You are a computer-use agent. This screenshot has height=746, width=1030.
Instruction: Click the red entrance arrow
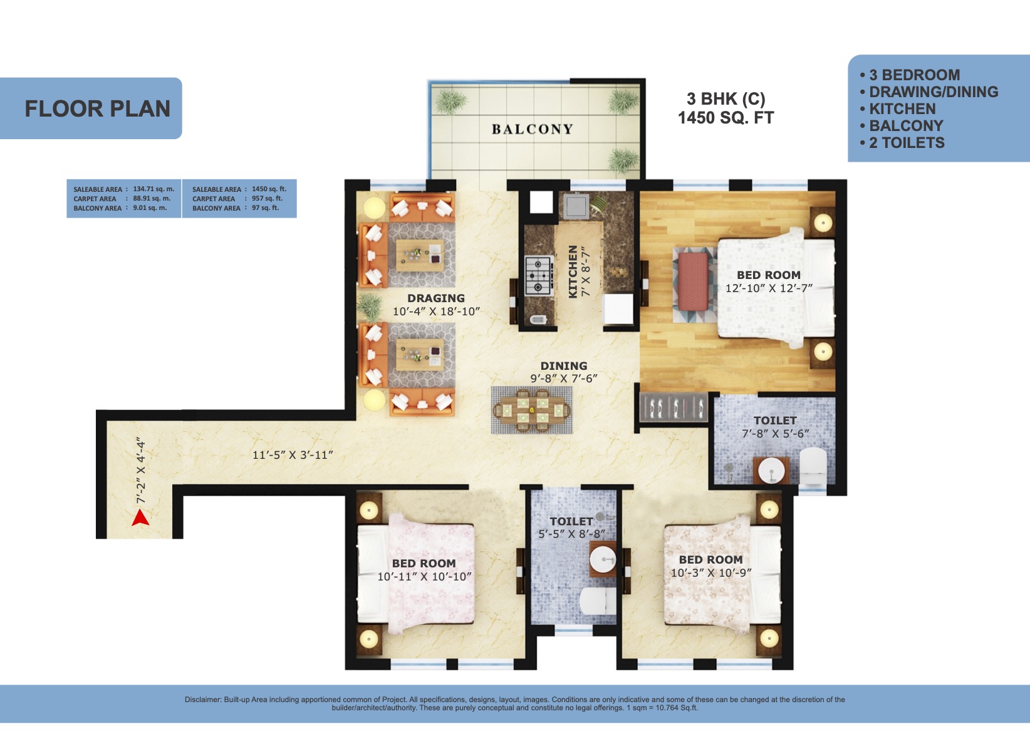[x=141, y=518]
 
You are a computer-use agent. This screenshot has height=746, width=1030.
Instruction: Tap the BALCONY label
[x=533, y=129]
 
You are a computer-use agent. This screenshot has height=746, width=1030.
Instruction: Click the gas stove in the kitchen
[x=538, y=275]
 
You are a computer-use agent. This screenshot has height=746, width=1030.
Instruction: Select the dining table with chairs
[x=531, y=409]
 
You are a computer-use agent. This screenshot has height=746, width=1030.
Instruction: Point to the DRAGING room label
[x=436, y=298]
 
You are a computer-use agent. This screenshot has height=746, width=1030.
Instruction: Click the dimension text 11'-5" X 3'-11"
[x=293, y=454]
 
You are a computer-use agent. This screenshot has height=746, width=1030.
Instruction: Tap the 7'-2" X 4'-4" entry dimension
[x=141, y=471]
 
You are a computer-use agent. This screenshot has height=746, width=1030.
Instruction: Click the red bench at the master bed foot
[x=692, y=281]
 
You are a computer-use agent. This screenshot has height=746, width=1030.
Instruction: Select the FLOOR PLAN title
[x=98, y=108]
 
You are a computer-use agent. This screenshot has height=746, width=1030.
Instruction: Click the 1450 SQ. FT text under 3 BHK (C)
[x=726, y=118]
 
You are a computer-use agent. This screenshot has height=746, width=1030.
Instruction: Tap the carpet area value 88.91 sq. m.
[x=152, y=198]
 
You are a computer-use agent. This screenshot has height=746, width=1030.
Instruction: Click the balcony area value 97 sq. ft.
[x=265, y=208]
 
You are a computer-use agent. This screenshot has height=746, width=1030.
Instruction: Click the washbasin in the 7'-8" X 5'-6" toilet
[x=771, y=470]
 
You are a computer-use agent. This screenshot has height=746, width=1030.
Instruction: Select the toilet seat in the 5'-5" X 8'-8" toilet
[x=597, y=601]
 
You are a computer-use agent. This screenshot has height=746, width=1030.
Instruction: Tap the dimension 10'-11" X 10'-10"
[x=424, y=577]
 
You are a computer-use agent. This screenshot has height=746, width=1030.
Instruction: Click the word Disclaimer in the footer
[x=203, y=700]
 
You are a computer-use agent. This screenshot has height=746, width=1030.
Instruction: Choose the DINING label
[x=564, y=366]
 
